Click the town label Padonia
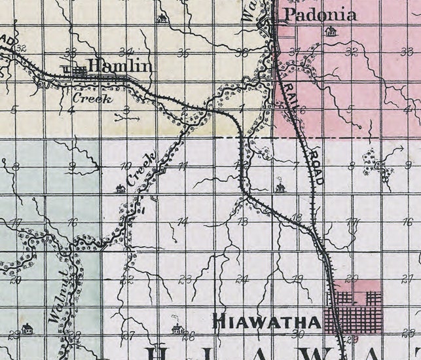319,15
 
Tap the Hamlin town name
120,66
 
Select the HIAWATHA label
268,322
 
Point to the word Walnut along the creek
58,305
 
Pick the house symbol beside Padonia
331,31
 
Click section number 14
183,222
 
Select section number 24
243,279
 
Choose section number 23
185,280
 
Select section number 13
242,222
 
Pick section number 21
407,279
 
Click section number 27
128,336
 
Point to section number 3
126,109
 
